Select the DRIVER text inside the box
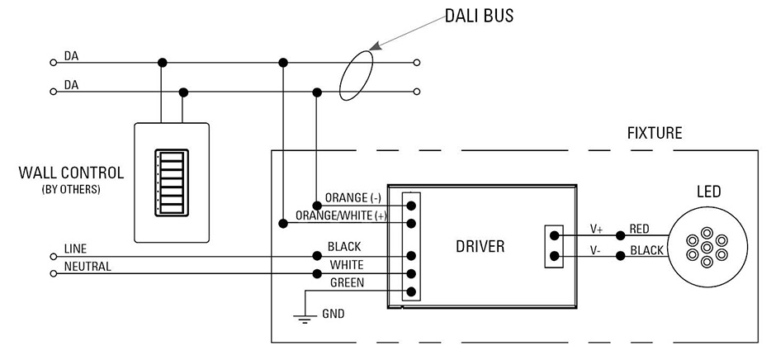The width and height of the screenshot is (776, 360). point(480,247)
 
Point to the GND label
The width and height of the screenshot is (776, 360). point(334,314)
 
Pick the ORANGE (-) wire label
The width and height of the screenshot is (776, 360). point(353,197)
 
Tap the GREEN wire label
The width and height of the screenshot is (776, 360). point(347,282)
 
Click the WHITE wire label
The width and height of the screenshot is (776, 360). point(346,265)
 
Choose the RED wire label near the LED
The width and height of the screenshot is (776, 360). point(639,229)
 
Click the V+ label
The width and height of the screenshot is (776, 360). point(596,229)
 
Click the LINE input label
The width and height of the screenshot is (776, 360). point(75,249)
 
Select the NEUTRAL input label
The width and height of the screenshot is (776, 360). point(87,267)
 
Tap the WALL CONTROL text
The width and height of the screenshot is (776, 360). point(71,174)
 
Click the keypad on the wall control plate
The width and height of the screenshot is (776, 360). point(172,182)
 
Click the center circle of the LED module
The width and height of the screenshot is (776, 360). point(707,247)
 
